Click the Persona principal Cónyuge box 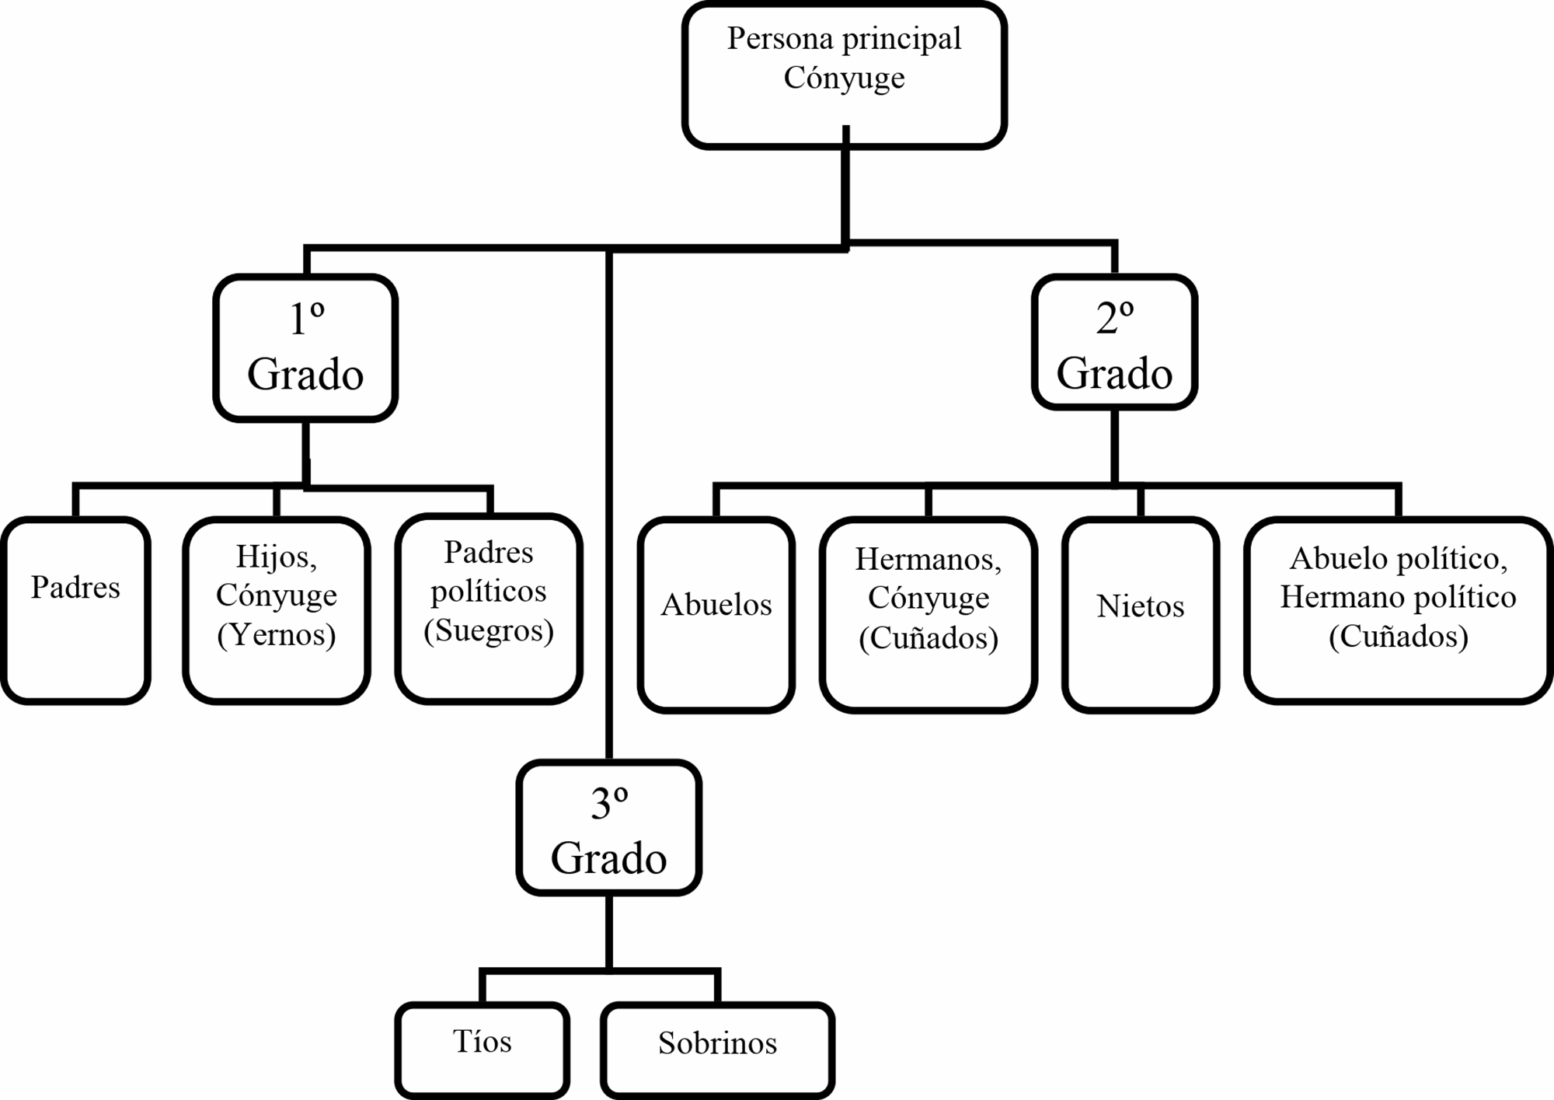click(845, 75)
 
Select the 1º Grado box click(305, 348)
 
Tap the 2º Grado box click(1114, 342)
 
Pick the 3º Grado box click(609, 827)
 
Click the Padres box click(75, 610)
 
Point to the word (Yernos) click(277, 635)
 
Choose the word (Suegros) click(489, 630)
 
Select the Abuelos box click(716, 614)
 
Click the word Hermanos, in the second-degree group click(929, 560)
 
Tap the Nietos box click(1141, 614)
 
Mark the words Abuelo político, click(1399, 559)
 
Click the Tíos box click(483, 1050)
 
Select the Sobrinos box click(717, 1050)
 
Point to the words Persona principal click(845, 39)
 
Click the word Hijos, click(277, 557)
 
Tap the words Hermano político click(1399, 597)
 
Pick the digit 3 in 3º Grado click(601, 804)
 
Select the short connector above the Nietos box click(1141, 501)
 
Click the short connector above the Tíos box click(483, 987)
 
